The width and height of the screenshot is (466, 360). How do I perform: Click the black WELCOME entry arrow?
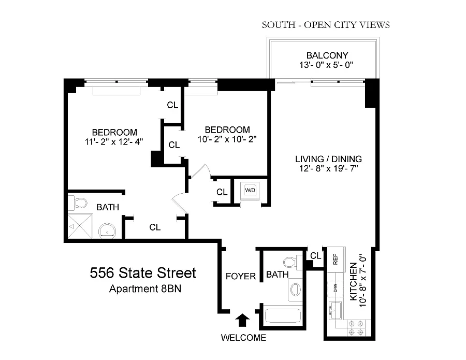[242, 320]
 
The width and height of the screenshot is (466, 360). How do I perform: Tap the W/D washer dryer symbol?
[250, 190]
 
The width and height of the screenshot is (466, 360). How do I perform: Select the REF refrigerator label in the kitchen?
[335, 259]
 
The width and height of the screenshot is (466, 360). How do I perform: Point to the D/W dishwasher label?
[336, 288]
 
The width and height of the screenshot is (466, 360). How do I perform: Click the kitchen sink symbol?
[336, 310]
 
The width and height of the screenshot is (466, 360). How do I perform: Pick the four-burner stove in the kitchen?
[356, 328]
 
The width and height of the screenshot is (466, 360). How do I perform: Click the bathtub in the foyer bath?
[282, 316]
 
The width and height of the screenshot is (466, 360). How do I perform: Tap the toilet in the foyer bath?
[293, 263]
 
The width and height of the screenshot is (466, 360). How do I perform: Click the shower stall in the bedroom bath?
[81, 226]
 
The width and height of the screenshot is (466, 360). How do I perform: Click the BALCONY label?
[327, 55]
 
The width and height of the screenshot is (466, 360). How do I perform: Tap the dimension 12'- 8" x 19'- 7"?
[328, 168]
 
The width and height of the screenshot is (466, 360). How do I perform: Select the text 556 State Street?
[143, 273]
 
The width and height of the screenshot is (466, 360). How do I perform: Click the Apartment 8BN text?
[145, 289]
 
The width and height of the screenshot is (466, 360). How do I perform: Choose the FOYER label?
[241, 276]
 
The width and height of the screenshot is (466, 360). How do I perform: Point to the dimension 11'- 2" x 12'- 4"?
[114, 142]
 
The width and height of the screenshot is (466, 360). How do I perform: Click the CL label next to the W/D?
[222, 192]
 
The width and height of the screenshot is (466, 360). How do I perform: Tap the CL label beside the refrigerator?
[316, 256]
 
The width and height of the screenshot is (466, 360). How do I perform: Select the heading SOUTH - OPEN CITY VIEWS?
[326, 25]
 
